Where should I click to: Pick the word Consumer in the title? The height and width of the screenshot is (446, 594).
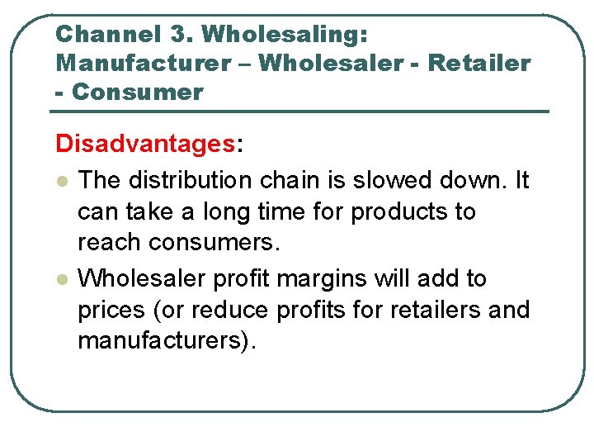[x=138, y=92]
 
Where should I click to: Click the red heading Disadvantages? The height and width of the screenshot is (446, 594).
[x=145, y=144]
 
